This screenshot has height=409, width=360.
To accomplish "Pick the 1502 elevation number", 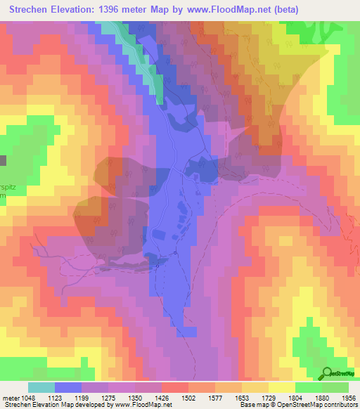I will pyautogui.click(x=191, y=397).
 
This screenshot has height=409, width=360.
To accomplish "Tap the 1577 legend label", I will pyautogui.click(x=217, y=397).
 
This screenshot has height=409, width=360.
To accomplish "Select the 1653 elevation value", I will pyautogui.click(x=244, y=397).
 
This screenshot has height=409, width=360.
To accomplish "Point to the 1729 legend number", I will pyautogui.click(x=271, y=397).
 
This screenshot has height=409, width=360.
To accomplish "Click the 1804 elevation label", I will pyautogui.click(x=297, y=397).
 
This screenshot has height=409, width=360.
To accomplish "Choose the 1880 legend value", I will pyautogui.click(x=324, y=397).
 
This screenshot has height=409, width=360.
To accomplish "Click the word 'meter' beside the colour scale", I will pyautogui.click(x=9, y=397).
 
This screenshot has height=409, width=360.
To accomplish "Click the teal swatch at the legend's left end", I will pyautogui.click(x=41, y=387).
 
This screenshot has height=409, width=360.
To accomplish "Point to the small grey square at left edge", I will pyautogui.click(x=3, y=160).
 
